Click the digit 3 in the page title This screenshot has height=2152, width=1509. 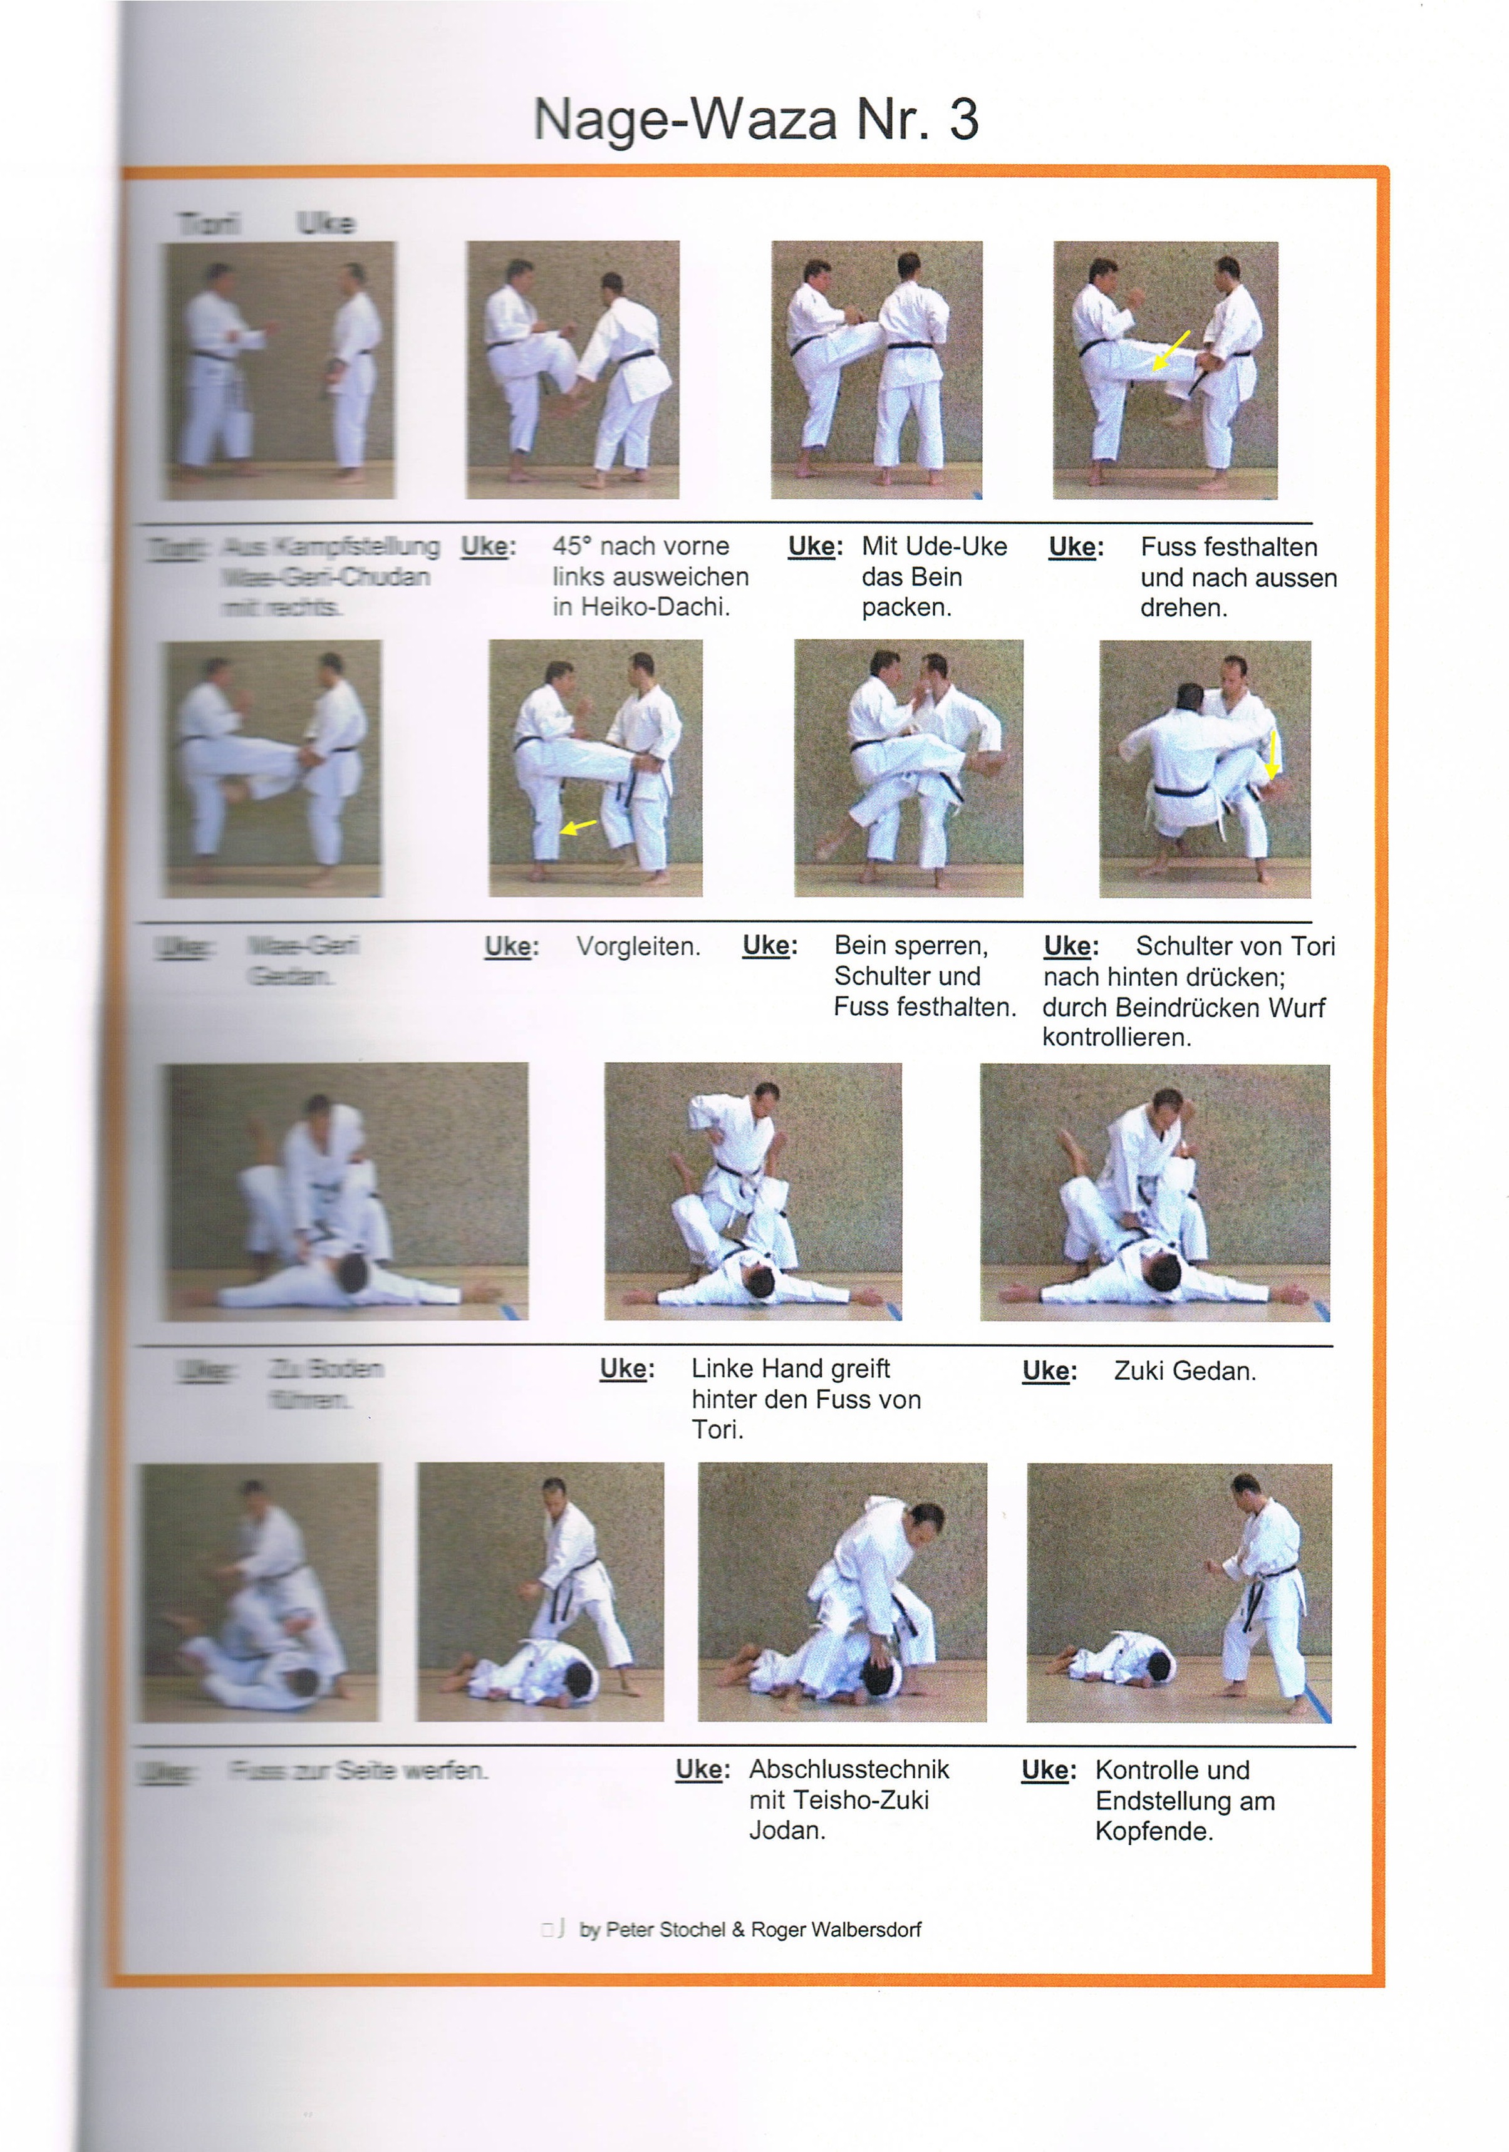click(x=963, y=120)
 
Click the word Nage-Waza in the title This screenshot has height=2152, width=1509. click(x=684, y=120)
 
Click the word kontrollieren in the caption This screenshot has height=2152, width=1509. click(x=1116, y=1038)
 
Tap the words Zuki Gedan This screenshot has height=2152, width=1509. click(x=1184, y=1371)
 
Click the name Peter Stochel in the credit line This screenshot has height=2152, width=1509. click(x=665, y=1930)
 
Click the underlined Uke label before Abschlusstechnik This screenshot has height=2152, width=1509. click(x=701, y=1769)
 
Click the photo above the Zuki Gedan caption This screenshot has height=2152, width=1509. click(x=1154, y=1192)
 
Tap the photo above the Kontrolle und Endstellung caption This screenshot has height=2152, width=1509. click(x=1178, y=1593)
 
